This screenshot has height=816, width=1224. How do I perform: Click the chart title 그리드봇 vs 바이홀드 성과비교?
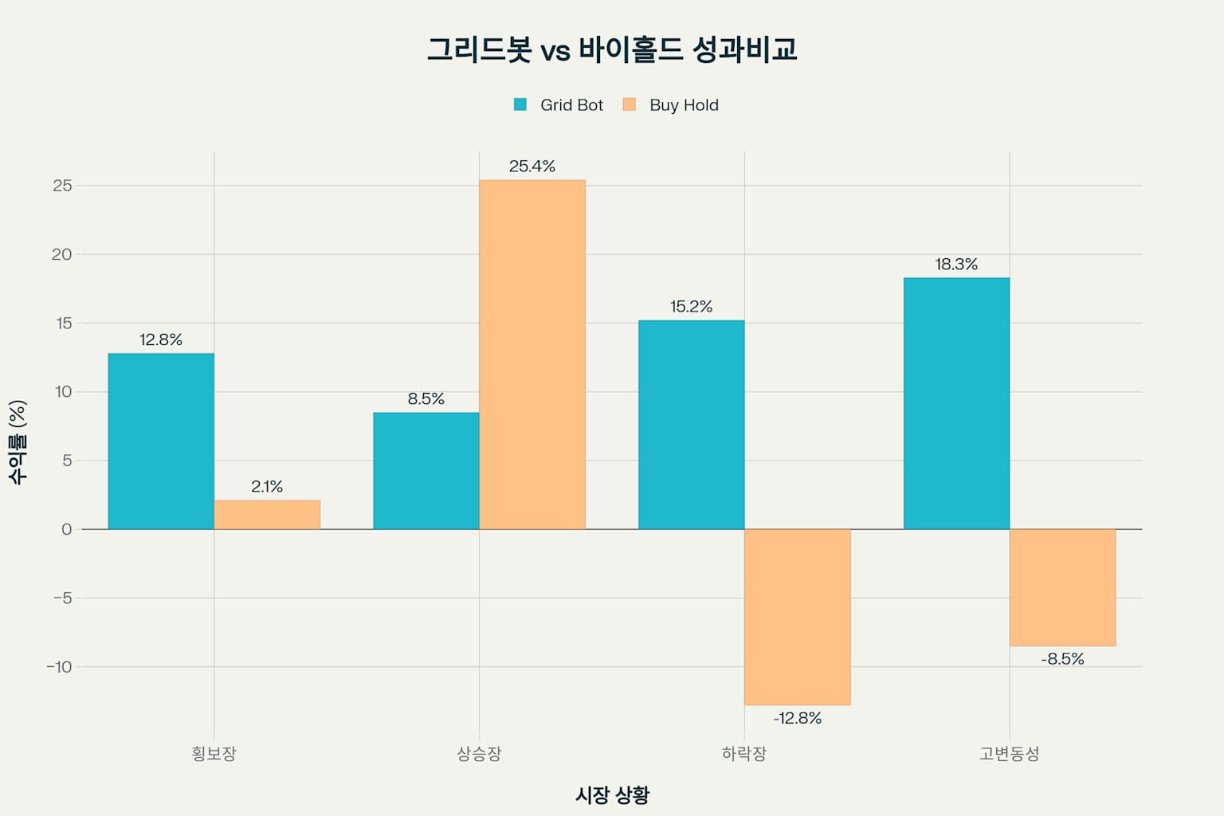pos(612,49)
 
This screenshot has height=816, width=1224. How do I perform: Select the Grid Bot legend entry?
pos(559,105)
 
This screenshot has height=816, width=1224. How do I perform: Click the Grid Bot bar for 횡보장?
pos(161,441)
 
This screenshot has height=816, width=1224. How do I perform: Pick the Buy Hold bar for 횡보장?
pos(267,515)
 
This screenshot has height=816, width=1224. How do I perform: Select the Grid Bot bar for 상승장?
pos(426,471)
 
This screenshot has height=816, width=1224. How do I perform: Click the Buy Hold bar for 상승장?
pos(532,355)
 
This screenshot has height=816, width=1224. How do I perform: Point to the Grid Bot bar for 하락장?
pos(691,425)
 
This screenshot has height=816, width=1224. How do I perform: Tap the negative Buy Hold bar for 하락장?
pos(797,617)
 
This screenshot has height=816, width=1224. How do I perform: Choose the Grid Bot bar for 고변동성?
pos(956,403)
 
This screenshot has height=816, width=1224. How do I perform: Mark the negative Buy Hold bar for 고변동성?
pos(1062,587)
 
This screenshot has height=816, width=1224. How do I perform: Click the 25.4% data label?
pos(532,167)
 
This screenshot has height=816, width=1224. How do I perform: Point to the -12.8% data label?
pos(797,718)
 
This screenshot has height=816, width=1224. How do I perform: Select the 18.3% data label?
pos(956,265)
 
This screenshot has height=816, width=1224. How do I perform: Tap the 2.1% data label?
pos(267,487)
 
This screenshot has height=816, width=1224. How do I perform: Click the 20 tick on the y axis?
pos(61,254)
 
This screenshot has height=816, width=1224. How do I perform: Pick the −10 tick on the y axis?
pos(58,667)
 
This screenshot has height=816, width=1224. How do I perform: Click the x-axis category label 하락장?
pos(743,754)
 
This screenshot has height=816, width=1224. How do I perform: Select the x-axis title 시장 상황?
pos(612,794)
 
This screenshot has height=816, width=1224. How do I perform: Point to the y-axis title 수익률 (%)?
pos(18,442)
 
